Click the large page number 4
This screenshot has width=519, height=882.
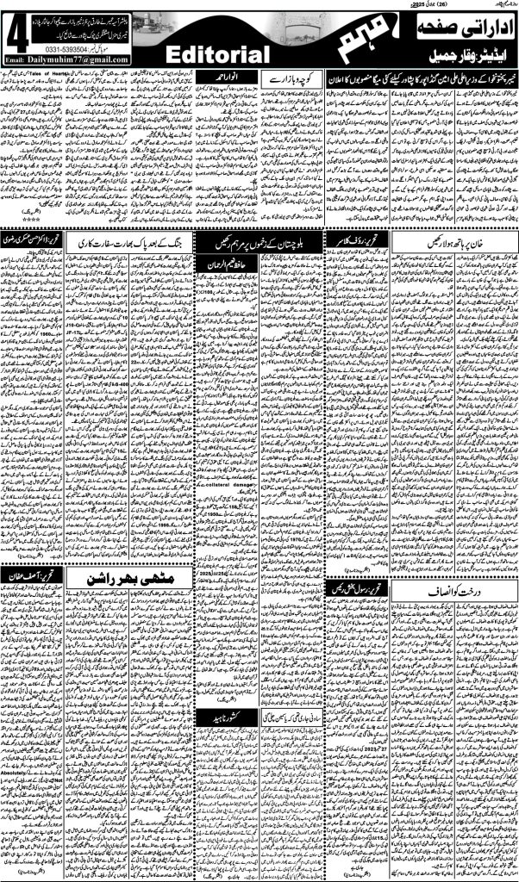tap(15, 34)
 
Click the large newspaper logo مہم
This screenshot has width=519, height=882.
tap(340, 40)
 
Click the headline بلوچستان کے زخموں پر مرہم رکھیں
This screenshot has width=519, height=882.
tap(261, 239)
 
